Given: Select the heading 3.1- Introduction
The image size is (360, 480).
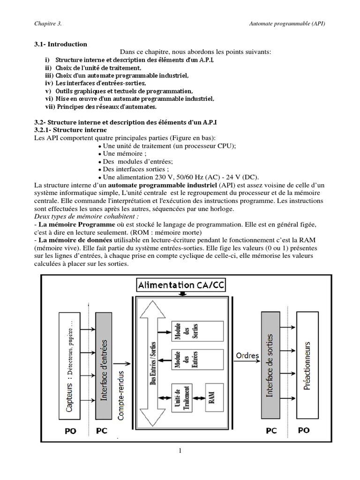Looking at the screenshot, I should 60,44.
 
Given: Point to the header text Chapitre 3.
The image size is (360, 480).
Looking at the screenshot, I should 48,23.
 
